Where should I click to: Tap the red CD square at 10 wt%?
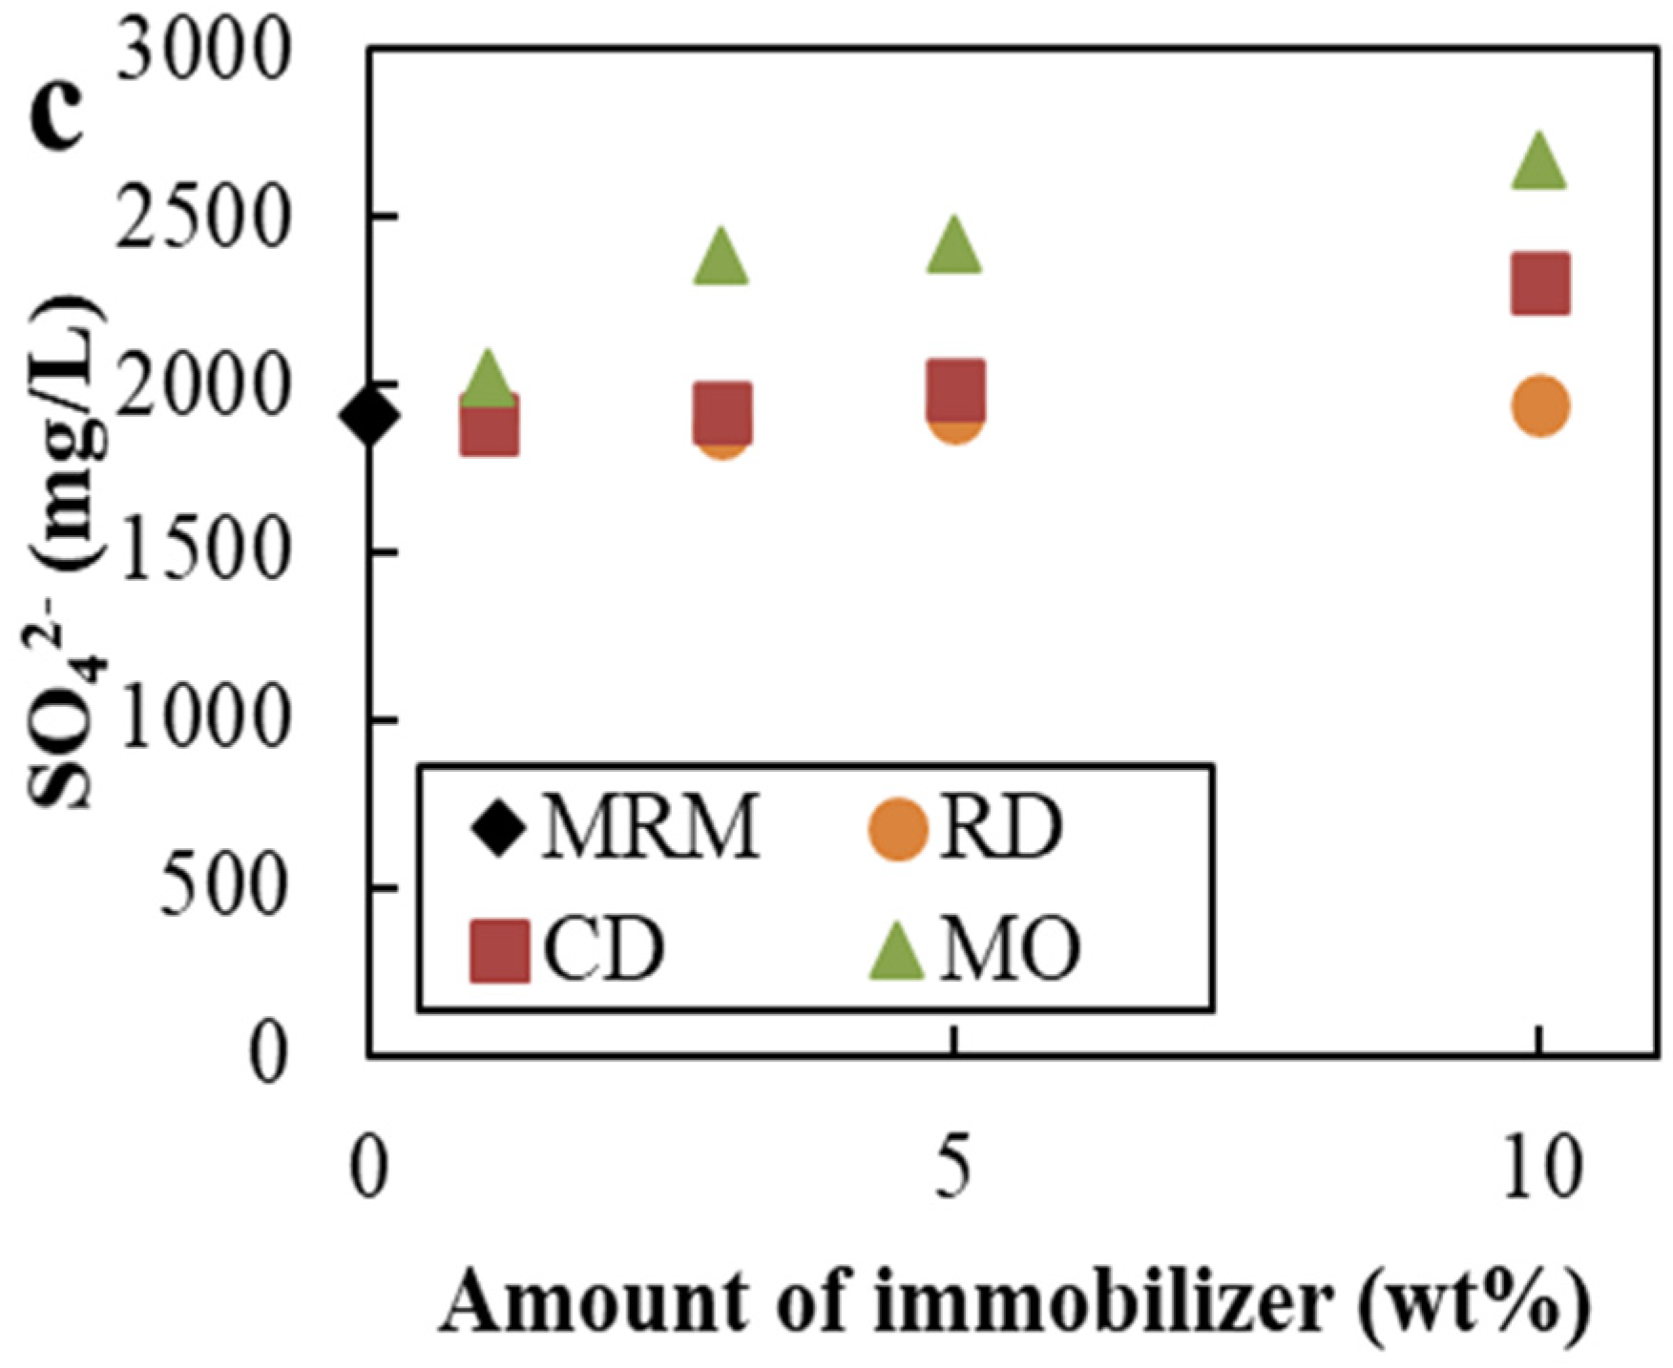pos(1540,283)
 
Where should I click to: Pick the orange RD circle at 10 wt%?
pos(1540,406)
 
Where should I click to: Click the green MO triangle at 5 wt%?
pos(954,246)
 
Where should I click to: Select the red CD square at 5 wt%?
pos(955,389)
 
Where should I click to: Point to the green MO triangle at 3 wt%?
pos(721,259)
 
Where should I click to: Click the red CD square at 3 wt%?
pos(722,412)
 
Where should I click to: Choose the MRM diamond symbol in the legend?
pos(499,827)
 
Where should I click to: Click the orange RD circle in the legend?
pos(897,829)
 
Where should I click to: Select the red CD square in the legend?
pos(500,950)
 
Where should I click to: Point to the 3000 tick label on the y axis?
pos(201,52)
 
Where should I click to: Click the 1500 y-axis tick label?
pos(201,552)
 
